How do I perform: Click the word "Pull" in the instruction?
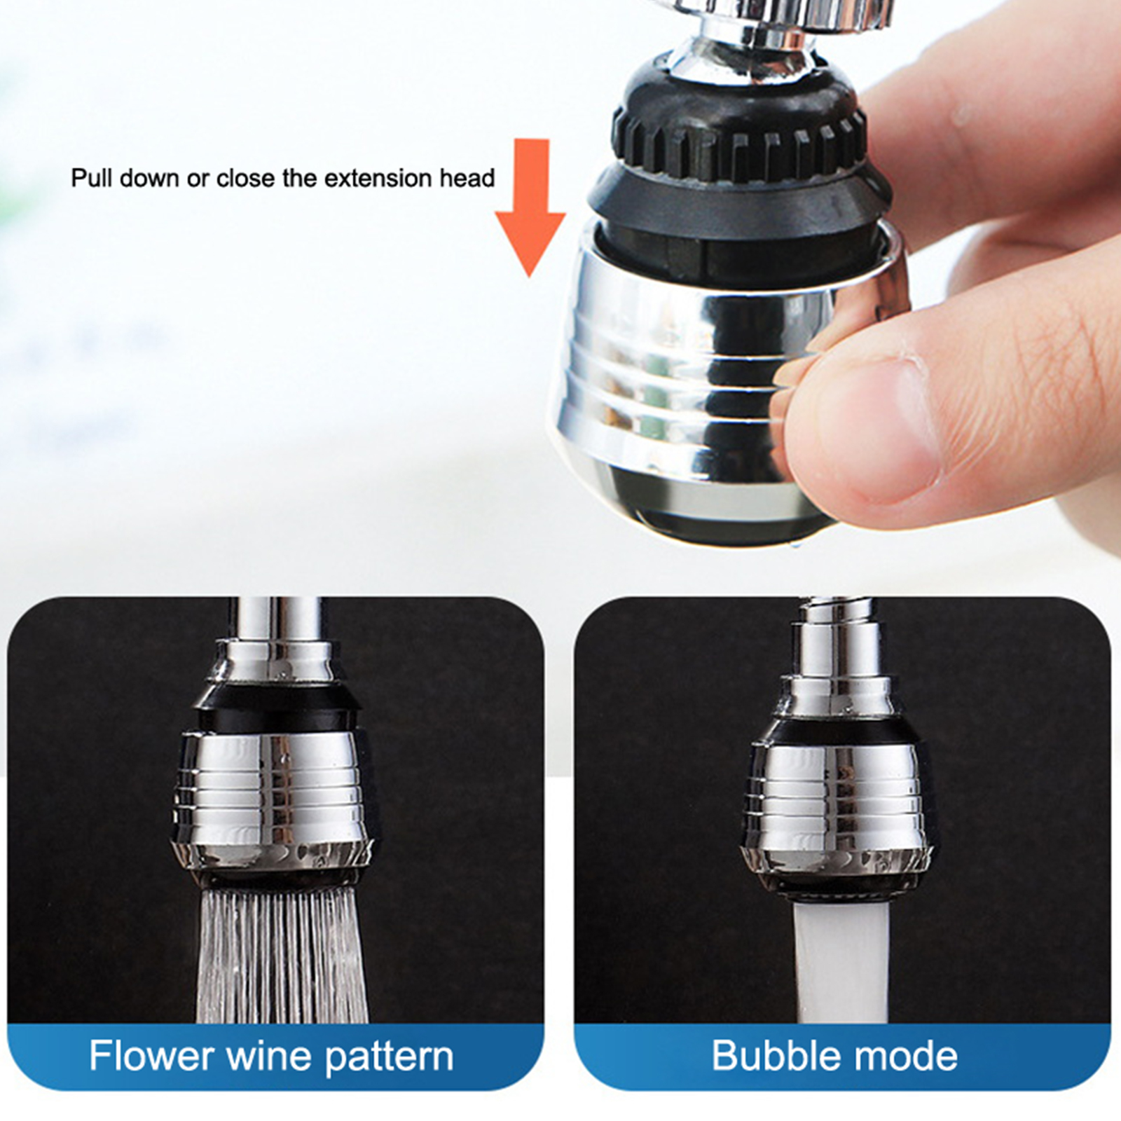tap(92, 178)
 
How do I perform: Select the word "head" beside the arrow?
tap(467, 178)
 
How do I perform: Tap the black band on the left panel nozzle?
tap(277, 708)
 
